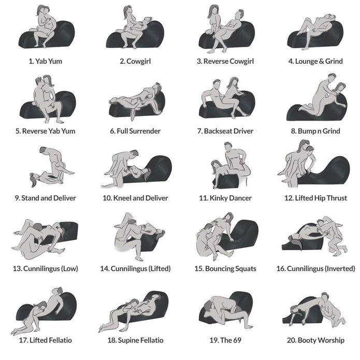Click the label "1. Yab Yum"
point(45,61)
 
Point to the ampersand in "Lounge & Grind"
point(322,61)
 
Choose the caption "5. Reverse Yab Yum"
point(45,131)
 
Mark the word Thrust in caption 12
point(336,198)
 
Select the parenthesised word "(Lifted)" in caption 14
point(157,269)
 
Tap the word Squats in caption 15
point(244,269)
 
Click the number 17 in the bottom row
point(22,340)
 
